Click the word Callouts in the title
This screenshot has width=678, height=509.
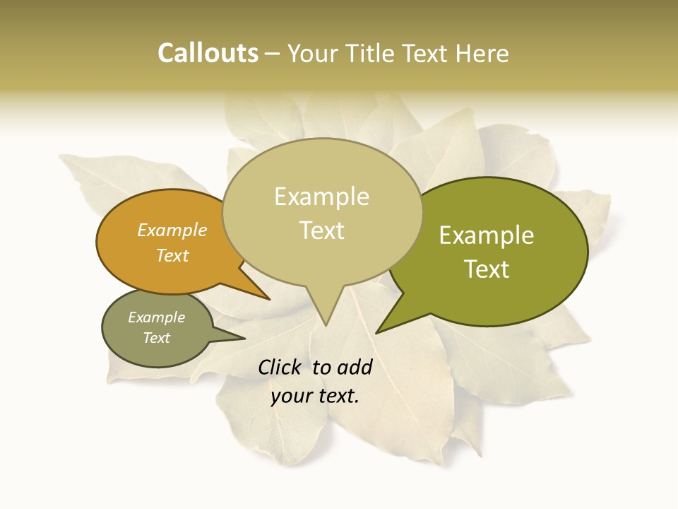click(208, 53)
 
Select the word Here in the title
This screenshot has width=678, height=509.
click(482, 53)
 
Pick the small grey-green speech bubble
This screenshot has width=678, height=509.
click(134, 346)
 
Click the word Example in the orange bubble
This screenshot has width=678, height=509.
click(172, 230)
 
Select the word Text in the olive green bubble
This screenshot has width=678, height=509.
click(487, 269)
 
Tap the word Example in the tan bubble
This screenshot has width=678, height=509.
click(322, 197)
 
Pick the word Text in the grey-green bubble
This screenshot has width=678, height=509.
click(157, 338)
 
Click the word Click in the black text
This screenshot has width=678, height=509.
click(280, 367)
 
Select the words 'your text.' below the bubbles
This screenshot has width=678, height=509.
click(315, 396)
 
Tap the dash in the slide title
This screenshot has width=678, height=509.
click(273, 53)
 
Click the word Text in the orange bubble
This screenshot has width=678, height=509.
click(172, 255)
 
